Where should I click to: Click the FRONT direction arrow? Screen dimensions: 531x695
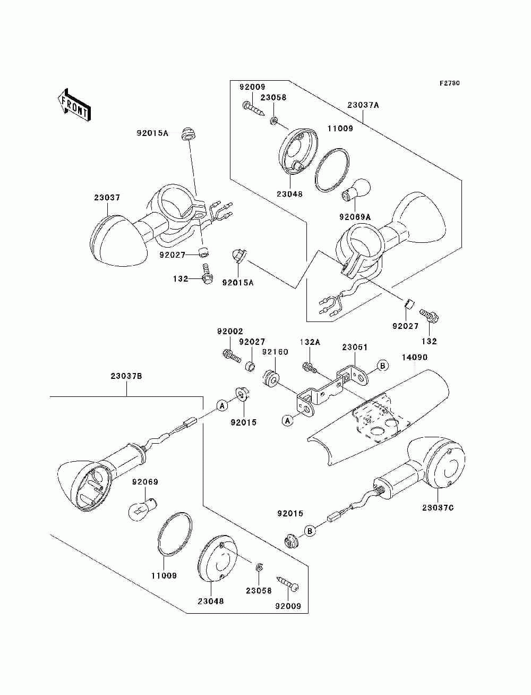tap(74, 105)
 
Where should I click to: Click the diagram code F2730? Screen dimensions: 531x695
tap(449, 83)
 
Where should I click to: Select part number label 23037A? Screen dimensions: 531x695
tap(363, 105)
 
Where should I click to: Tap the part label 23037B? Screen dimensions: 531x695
tap(126, 376)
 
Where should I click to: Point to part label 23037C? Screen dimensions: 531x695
tap(438, 507)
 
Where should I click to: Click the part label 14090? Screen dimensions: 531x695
tap(415, 357)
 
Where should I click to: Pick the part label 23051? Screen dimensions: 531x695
tap(355, 347)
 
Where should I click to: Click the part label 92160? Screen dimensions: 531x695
tap(275, 352)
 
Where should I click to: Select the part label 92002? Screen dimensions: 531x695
tap(230, 331)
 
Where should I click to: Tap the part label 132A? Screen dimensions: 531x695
tap(310, 342)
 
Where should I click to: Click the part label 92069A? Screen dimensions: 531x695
tap(355, 217)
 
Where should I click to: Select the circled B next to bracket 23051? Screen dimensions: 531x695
tap(382, 366)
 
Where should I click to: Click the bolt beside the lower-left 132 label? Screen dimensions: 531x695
tap(207, 273)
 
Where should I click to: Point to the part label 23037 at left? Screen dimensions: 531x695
tap(107, 198)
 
